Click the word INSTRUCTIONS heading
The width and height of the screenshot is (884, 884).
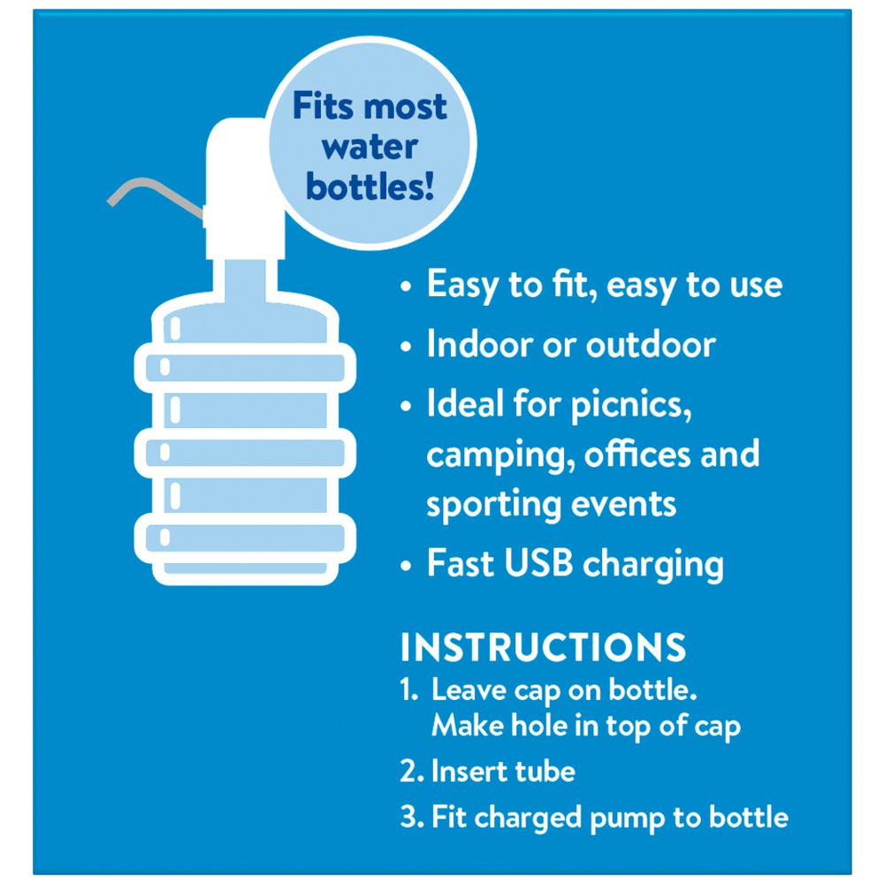543,647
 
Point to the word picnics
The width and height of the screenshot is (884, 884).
631,406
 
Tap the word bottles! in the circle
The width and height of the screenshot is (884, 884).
370,187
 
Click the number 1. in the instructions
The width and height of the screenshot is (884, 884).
408,690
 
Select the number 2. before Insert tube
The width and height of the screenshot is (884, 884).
411,771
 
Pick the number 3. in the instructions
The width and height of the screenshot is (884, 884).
411,817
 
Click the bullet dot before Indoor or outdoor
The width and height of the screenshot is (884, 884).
406,346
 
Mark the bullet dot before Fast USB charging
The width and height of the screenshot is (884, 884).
406,564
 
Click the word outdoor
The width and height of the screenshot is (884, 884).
651,344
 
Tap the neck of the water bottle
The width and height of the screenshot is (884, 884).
245,279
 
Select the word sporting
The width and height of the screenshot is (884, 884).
494,505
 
